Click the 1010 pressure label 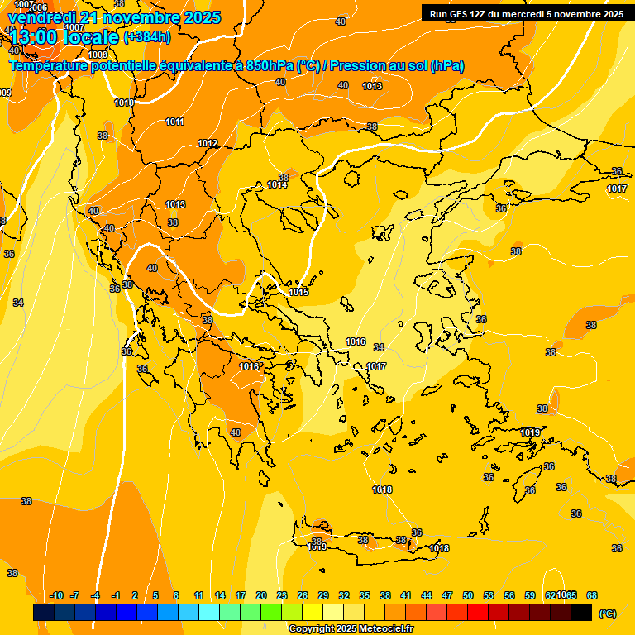(x=124, y=103)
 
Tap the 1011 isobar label (x=174, y=122)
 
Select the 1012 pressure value (x=208, y=144)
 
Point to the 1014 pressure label (x=277, y=184)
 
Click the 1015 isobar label (x=299, y=293)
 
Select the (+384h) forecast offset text (x=147, y=36)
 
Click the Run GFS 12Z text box (x=527, y=14)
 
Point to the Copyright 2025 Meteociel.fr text (x=351, y=629)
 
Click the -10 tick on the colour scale (x=56, y=595)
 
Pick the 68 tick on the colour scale (x=592, y=595)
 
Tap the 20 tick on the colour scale (x=261, y=595)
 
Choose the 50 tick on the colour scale (x=468, y=595)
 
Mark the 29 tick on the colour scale (x=323, y=595)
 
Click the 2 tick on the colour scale (x=136, y=595)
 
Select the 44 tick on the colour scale (x=427, y=595)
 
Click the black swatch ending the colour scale (x=581, y=612)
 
